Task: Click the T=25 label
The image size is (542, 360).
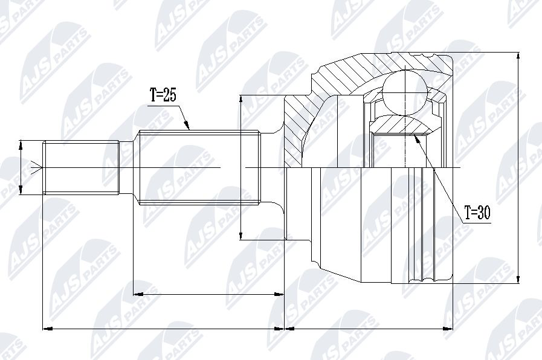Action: pos(163,95)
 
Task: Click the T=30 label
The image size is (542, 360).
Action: pos(477,213)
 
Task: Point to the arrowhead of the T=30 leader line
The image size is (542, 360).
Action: pos(416,138)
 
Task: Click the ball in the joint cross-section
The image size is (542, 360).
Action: pos(404,92)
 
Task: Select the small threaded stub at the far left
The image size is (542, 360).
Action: pos(81,167)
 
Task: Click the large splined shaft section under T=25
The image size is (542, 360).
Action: pos(199,167)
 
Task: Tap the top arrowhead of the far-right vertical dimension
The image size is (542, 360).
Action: pos(518,57)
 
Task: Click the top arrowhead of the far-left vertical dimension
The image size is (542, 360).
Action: pos(21,145)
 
